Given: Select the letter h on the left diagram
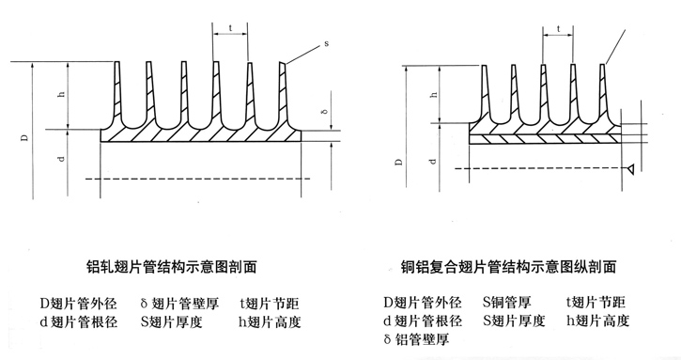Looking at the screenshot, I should (60, 96).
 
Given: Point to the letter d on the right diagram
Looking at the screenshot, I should (433, 158).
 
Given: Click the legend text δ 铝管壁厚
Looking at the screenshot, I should (422, 338).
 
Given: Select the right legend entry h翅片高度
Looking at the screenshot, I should (597, 321).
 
